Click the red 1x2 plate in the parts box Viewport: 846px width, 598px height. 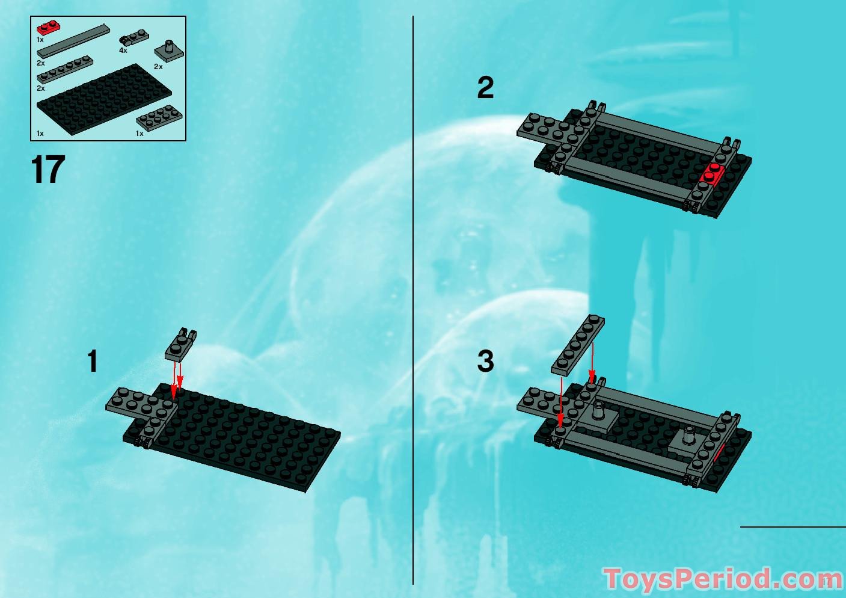48,28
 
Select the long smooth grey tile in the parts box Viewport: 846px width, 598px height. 73,42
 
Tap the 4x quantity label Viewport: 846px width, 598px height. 123,51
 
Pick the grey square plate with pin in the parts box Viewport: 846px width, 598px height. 169,51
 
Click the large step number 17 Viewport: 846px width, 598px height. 48,170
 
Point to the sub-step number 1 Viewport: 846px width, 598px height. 92,362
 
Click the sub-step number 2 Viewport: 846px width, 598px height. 485,88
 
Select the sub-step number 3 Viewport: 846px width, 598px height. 485,362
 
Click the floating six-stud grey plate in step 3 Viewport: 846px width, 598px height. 578,345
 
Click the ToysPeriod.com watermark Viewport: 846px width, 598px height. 722,579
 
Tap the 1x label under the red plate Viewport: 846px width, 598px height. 40,40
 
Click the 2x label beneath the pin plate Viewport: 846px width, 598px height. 158,67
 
